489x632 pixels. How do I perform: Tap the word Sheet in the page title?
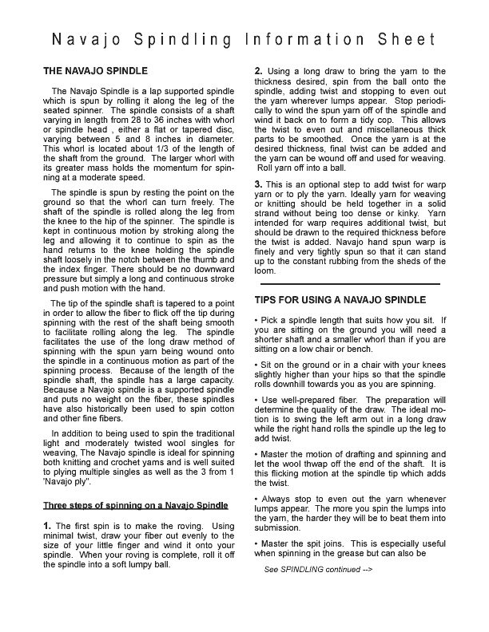click(x=407, y=39)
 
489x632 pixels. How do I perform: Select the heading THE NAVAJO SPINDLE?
click(x=95, y=72)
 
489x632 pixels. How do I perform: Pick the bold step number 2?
click(x=259, y=72)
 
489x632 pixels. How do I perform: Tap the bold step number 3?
click(x=259, y=185)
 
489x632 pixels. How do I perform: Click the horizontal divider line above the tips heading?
click(x=350, y=283)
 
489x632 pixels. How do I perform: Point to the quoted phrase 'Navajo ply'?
click(x=70, y=483)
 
